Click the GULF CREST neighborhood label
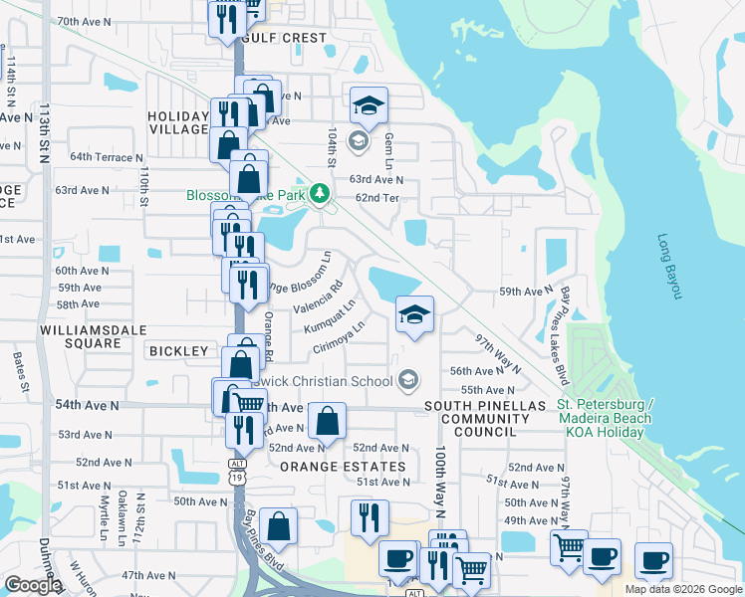click(283, 38)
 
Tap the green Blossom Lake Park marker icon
click(319, 194)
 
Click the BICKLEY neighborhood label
click(178, 351)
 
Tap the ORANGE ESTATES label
click(343, 467)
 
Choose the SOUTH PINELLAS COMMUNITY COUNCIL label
click(485, 419)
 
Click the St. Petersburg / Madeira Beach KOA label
click(605, 418)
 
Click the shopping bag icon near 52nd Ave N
click(327, 422)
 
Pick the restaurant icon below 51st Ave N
click(368, 518)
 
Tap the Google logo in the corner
click(32, 585)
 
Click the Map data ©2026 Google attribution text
click(682, 589)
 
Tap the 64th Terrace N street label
click(105, 157)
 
